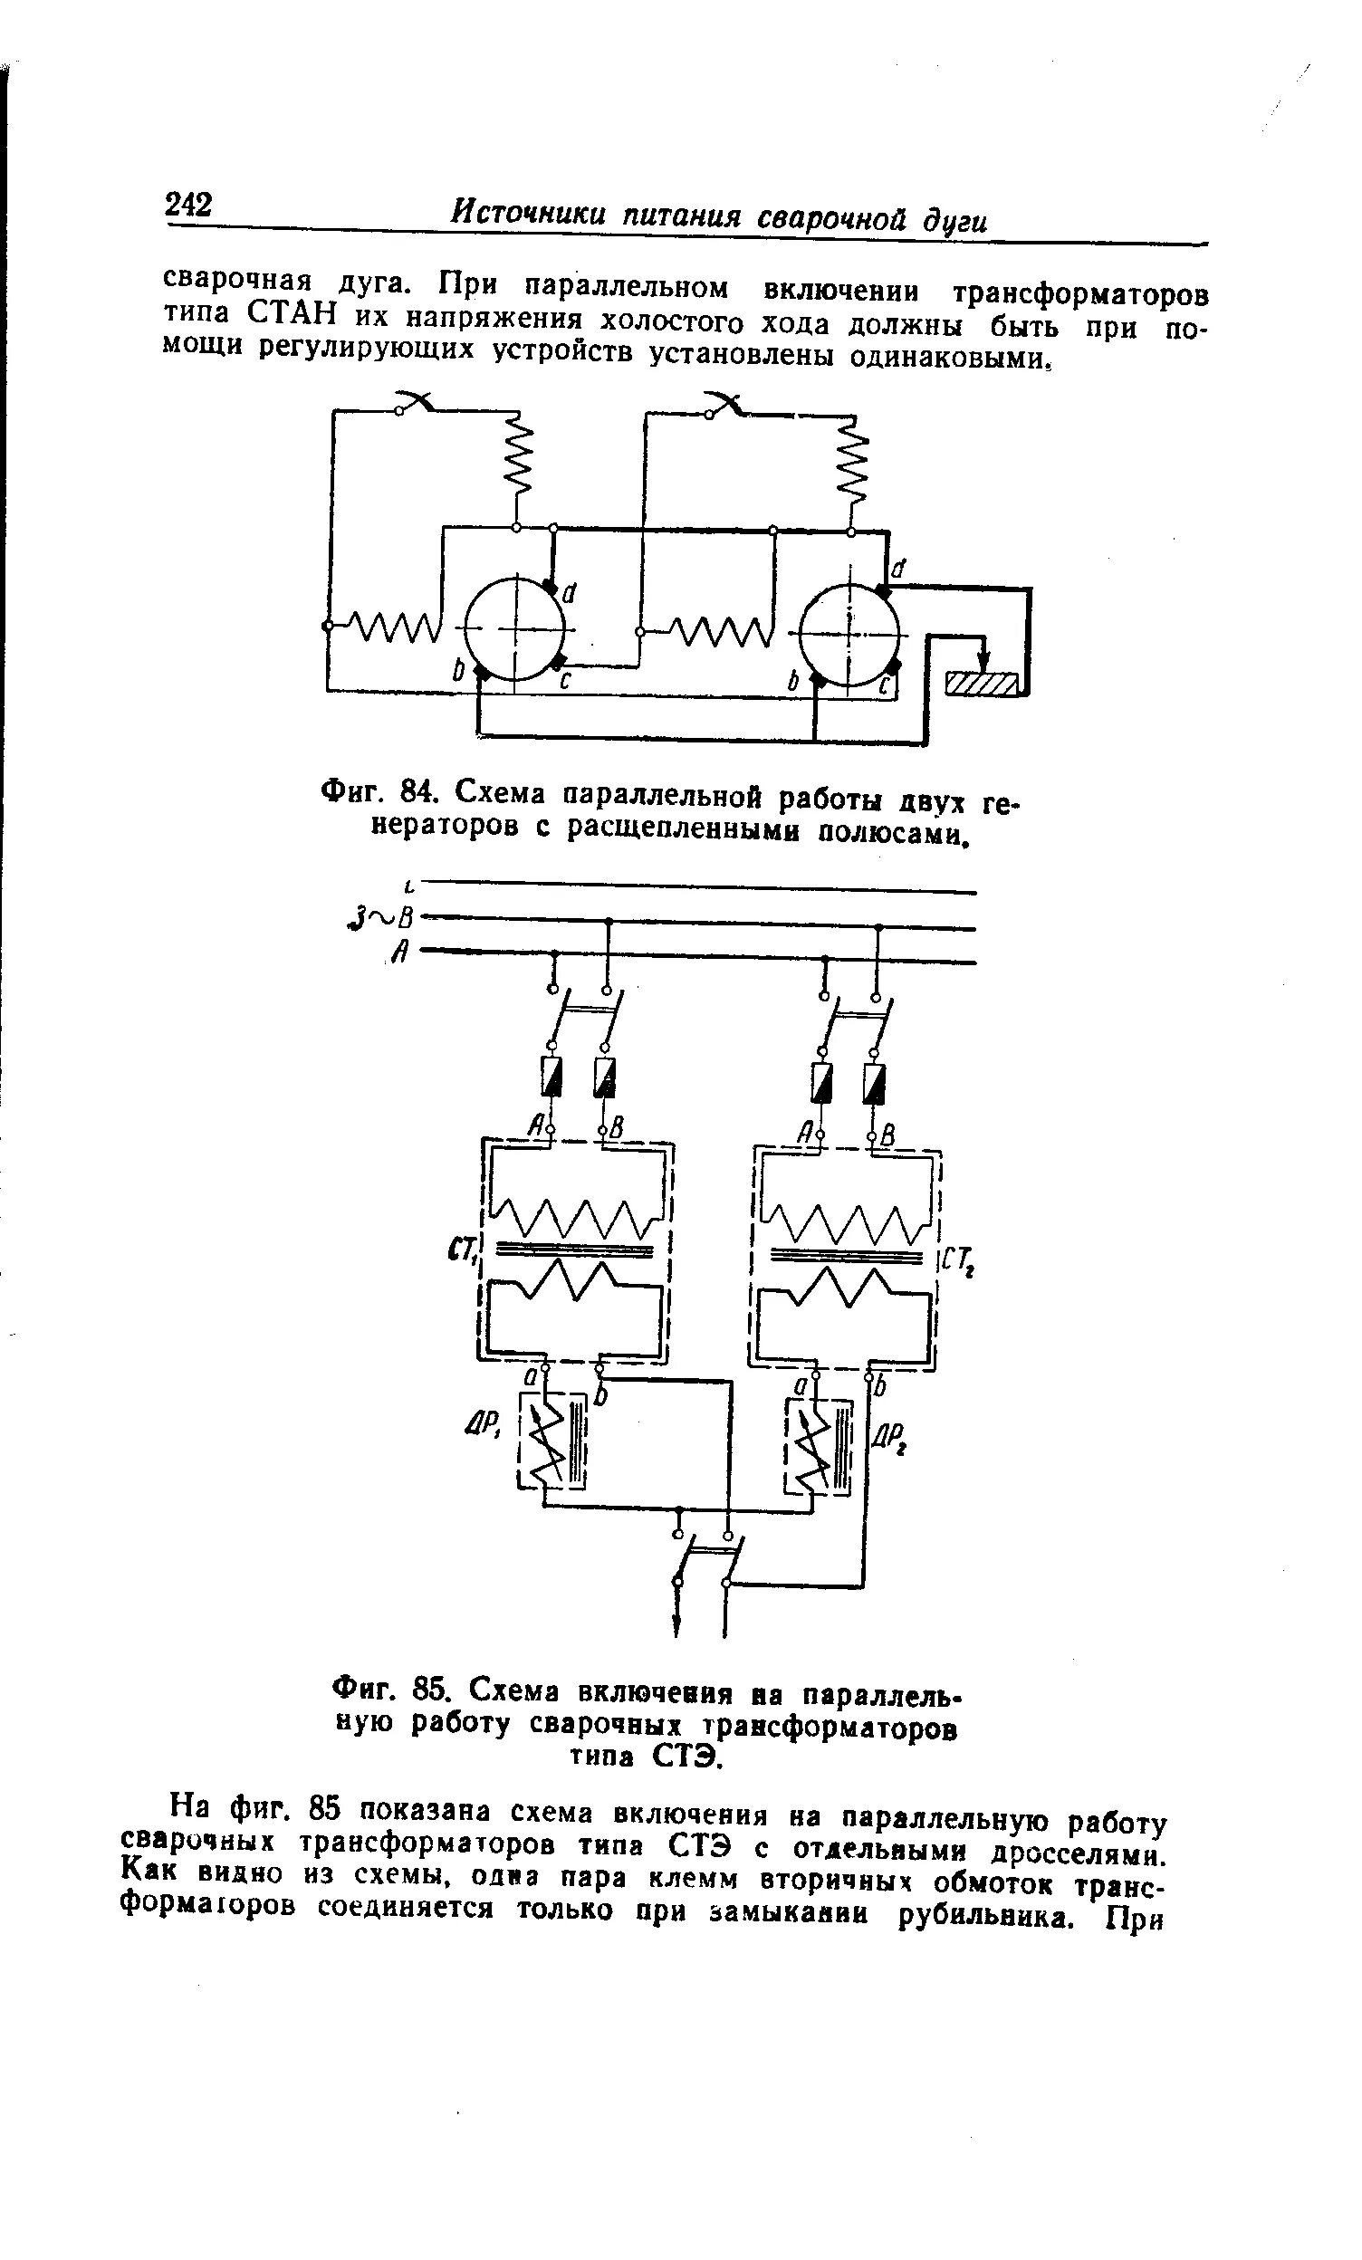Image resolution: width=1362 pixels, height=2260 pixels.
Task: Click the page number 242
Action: (x=188, y=204)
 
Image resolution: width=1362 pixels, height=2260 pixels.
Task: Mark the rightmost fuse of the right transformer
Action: (x=876, y=1082)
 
